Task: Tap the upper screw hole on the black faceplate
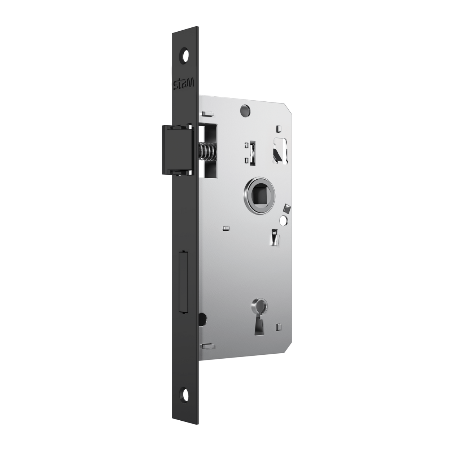(x=185, y=55)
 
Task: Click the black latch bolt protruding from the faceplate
(x=178, y=150)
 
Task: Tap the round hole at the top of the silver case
(x=245, y=110)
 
